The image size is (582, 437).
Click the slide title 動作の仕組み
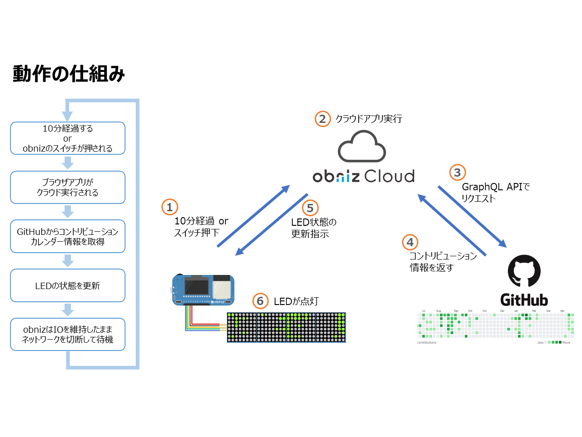(x=69, y=74)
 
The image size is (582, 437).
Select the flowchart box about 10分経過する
(x=68, y=138)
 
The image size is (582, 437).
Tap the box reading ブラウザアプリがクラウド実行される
(x=68, y=187)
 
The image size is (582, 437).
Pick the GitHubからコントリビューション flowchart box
(x=68, y=236)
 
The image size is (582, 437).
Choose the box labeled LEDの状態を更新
(x=68, y=285)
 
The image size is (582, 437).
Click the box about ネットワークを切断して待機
(x=68, y=334)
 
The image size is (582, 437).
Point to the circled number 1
(x=170, y=207)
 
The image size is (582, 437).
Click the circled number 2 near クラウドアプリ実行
(x=322, y=119)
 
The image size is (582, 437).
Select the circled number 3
(x=457, y=173)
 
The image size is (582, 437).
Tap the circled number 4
(x=410, y=242)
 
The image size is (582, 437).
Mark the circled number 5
(x=310, y=208)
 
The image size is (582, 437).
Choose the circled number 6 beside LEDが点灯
(x=260, y=301)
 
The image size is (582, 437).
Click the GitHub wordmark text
(x=524, y=300)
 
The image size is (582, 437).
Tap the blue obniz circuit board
(x=203, y=290)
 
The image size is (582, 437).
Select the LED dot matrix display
(x=286, y=327)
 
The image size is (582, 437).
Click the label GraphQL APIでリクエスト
(x=496, y=193)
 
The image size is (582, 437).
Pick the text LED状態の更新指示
(x=314, y=228)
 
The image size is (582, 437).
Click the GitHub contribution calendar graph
(x=495, y=325)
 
